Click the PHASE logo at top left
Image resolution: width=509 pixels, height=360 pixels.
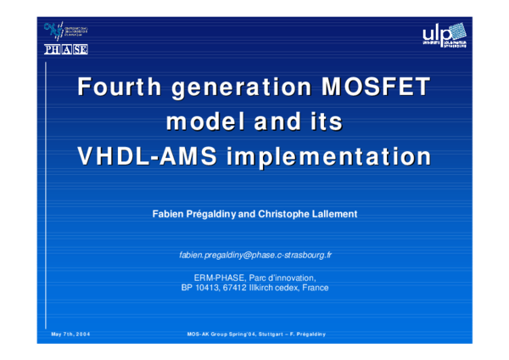(66, 49)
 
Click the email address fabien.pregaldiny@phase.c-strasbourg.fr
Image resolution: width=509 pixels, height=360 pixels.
(255, 255)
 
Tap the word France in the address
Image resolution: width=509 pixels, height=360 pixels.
(315, 288)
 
